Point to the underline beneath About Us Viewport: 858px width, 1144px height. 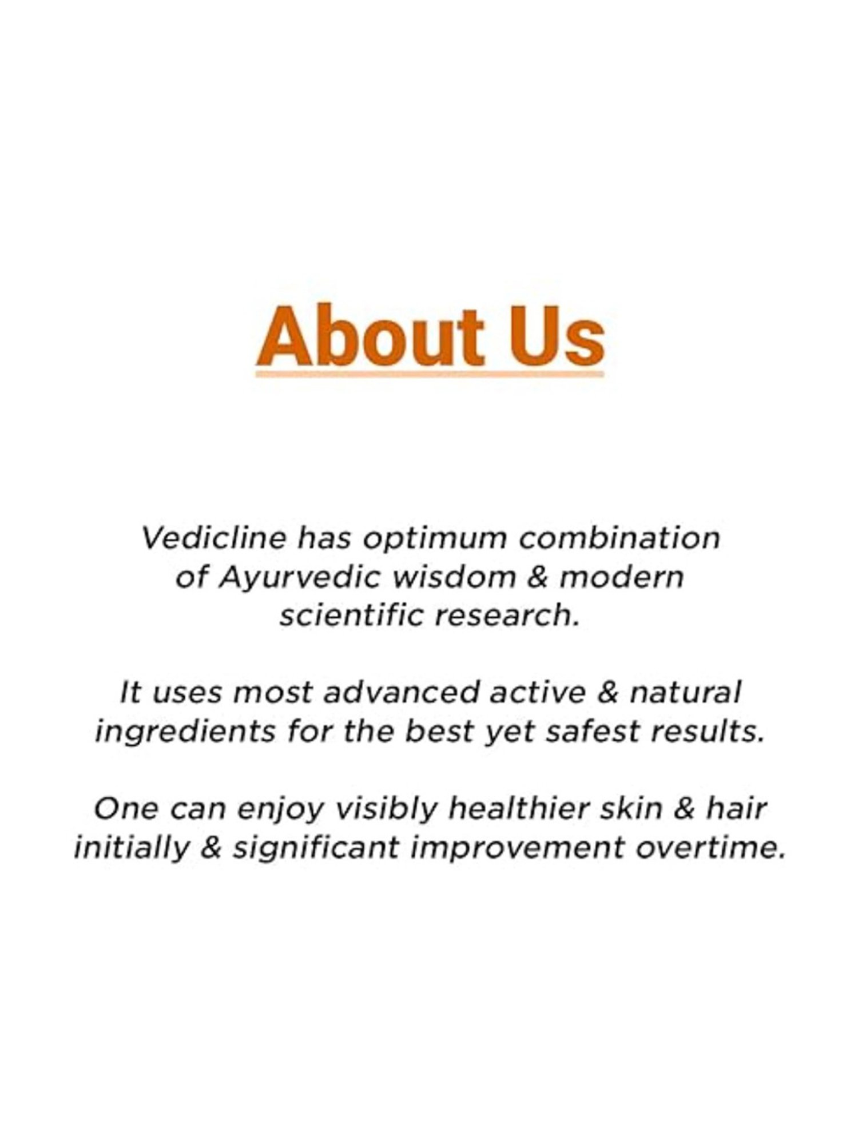click(430, 375)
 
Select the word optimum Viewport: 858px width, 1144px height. click(436, 539)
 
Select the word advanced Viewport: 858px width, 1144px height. click(400, 693)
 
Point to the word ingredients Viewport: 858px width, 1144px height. click(185, 732)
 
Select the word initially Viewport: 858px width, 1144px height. click(131, 848)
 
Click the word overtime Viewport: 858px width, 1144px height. click(709, 848)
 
